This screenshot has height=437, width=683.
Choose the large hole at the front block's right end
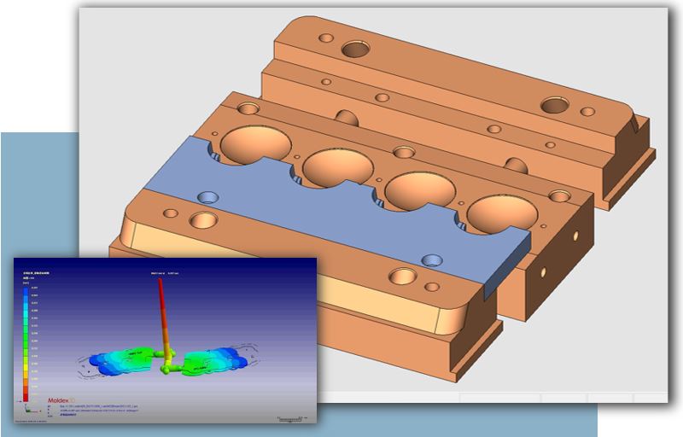tap(400, 276)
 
